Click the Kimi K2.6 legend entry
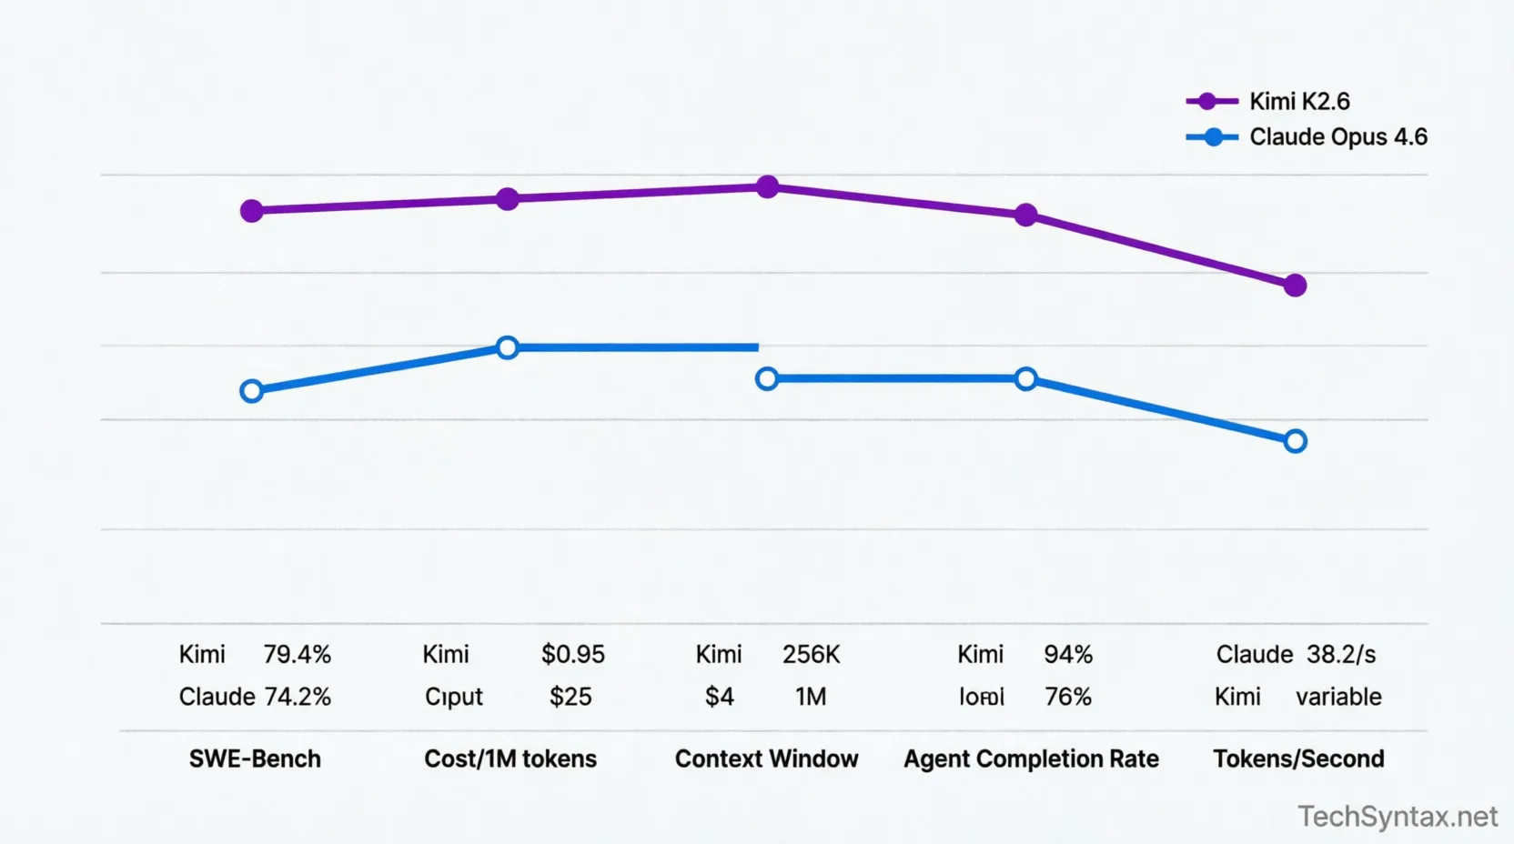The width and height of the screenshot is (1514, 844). (x=1298, y=101)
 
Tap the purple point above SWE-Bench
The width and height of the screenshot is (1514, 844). (x=252, y=211)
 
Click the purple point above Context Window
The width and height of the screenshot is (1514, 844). (x=768, y=187)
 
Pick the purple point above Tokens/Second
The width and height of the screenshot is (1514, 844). (x=1295, y=286)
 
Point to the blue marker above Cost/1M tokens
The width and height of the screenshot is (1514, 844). (x=508, y=347)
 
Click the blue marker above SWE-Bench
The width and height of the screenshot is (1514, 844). (x=252, y=391)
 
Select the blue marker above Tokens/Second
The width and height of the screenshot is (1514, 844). (x=1296, y=441)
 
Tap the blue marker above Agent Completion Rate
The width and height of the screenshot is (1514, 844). (x=1025, y=379)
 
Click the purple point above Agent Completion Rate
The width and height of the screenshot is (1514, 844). (x=1025, y=216)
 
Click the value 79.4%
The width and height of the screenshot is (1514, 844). (x=297, y=655)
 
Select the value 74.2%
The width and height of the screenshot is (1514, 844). (x=298, y=697)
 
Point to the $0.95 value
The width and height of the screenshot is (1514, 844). (x=572, y=655)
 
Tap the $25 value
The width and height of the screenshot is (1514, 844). (x=570, y=697)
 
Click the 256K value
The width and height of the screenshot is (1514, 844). (x=811, y=655)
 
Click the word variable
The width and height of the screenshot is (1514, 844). (x=1338, y=697)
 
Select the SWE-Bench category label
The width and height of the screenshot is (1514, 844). (x=255, y=759)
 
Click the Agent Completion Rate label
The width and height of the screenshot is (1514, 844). (x=1031, y=759)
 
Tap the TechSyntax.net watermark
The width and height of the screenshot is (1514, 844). (x=1397, y=817)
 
